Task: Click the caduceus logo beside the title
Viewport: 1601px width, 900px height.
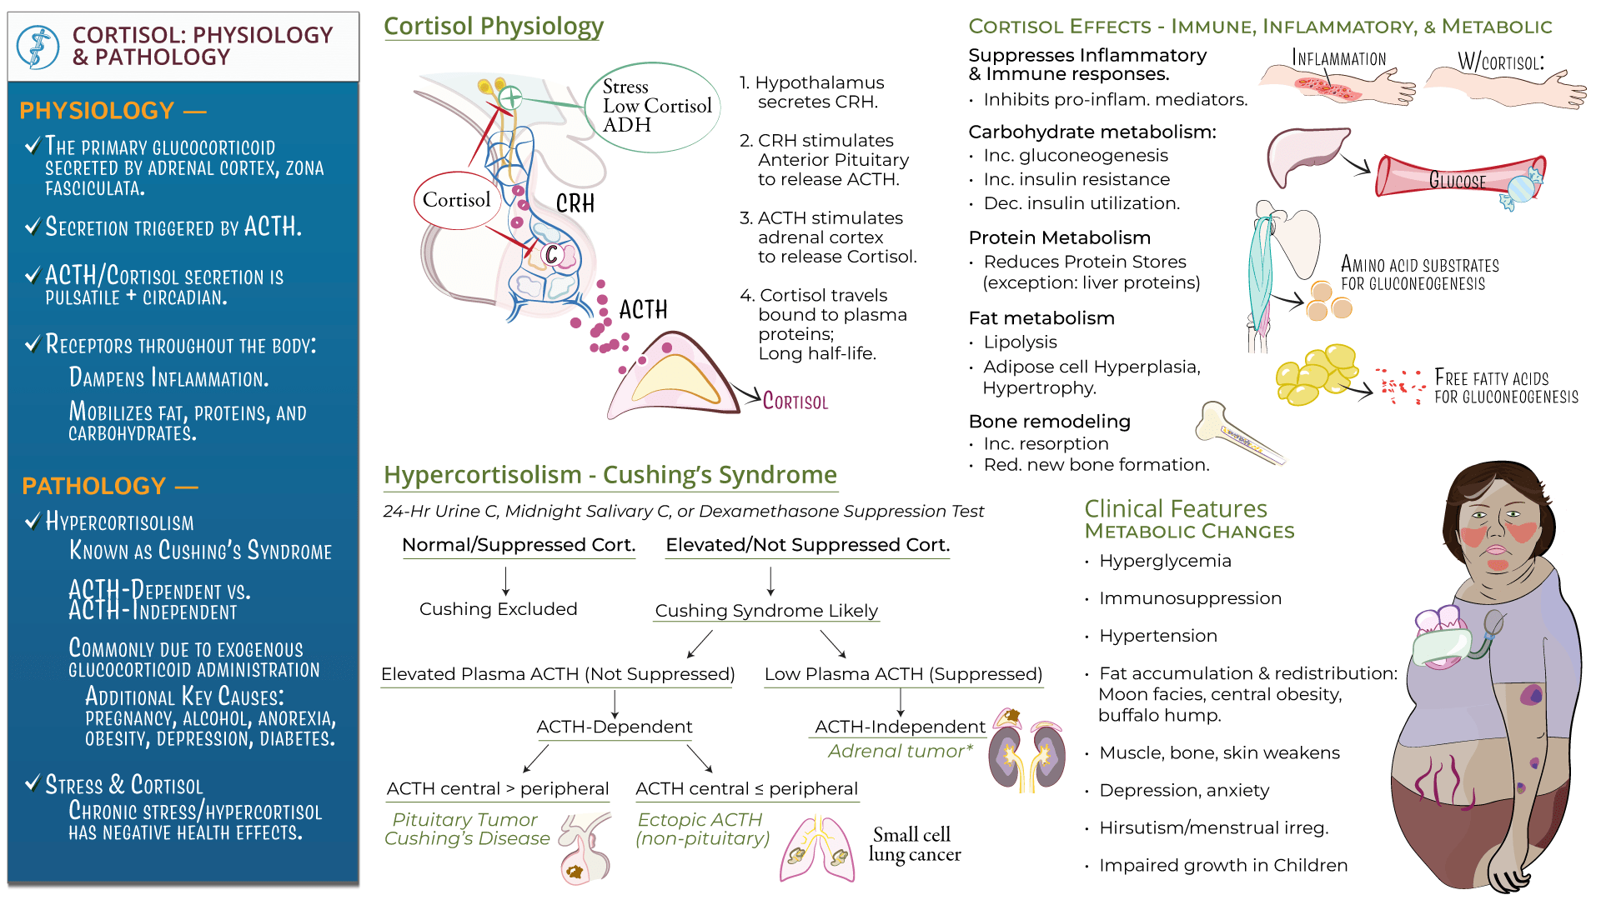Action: pos(38,47)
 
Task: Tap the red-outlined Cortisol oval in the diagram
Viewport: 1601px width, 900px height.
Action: pos(456,200)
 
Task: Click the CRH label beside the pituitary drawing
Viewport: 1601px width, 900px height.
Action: pos(575,203)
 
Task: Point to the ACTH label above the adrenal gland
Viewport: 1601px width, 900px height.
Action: pos(643,310)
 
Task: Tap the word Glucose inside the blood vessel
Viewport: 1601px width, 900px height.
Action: pos(1457,181)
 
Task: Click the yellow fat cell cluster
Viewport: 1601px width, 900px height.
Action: pos(1316,375)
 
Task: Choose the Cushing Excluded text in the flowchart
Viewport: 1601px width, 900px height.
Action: pos(498,609)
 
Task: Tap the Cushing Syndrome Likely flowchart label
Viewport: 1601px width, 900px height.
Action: pos(766,611)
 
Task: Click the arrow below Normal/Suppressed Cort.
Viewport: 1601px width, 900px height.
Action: pos(506,580)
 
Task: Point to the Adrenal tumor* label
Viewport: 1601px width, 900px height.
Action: pos(901,752)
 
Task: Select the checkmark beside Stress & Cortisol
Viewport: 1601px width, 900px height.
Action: pos(33,783)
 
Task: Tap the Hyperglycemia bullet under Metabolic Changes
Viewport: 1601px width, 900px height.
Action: pos(1164,561)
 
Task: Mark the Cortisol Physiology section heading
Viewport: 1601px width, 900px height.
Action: pos(494,27)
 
